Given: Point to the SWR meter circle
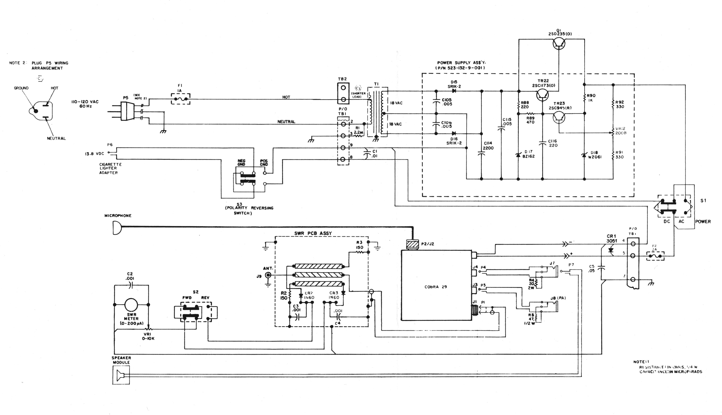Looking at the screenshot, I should click(x=131, y=305).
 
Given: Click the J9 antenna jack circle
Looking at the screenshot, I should click(x=268, y=275).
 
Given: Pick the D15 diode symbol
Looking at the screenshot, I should click(x=454, y=91).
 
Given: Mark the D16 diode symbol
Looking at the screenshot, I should click(x=454, y=133).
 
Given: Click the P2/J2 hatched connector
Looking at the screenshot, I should click(x=413, y=245).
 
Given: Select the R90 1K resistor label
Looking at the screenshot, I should click(x=591, y=98).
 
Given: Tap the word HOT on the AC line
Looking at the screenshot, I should click(x=286, y=97).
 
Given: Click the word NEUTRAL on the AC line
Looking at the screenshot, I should click(x=286, y=122).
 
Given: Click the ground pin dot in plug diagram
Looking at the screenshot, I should click(x=36, y=111).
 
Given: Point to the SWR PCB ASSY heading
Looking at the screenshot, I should click(x=313, y=233).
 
